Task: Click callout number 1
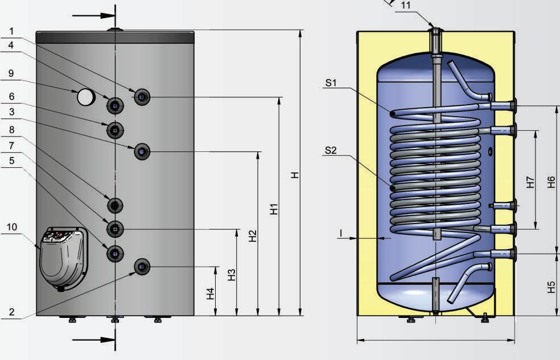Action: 11,31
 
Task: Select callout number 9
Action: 11,73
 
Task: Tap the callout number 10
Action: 12,227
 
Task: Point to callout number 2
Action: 11,312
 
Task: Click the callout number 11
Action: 406,5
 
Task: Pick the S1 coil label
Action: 331,83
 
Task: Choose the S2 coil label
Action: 331,151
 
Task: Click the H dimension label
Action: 294,175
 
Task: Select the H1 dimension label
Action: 274,209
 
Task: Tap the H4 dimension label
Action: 211,293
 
